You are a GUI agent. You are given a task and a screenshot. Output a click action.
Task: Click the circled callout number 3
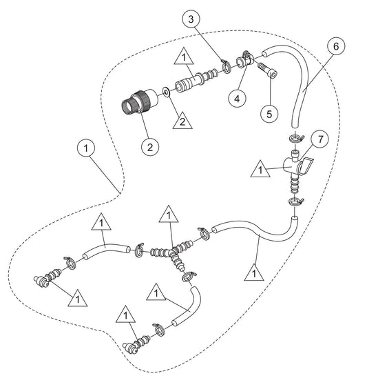point(191,19)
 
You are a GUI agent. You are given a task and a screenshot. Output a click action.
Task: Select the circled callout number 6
point(336,46)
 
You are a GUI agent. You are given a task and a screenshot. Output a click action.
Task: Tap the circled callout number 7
point(320,139)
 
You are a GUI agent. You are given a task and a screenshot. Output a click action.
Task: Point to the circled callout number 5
point(269,114)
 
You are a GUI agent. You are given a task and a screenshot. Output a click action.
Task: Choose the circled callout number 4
point(237,99)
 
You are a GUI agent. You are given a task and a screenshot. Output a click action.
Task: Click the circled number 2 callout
point(150,148)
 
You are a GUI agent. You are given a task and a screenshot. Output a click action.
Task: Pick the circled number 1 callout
point(86,148)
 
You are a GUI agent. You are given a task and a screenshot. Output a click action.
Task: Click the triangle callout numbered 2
point(182,121)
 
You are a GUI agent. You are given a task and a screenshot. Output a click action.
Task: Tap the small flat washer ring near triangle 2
point(166,92)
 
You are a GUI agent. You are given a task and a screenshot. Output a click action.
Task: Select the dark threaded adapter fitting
point(139,101)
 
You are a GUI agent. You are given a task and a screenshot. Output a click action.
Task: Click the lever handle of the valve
point(306,166)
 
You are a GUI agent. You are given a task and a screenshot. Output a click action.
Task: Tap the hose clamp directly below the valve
point(296,201)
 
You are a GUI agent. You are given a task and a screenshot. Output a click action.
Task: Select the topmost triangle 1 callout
point(184,57)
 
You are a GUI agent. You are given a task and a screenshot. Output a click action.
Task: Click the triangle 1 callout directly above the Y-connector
point(169,215)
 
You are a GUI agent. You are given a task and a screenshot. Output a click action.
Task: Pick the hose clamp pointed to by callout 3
point(226,66)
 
